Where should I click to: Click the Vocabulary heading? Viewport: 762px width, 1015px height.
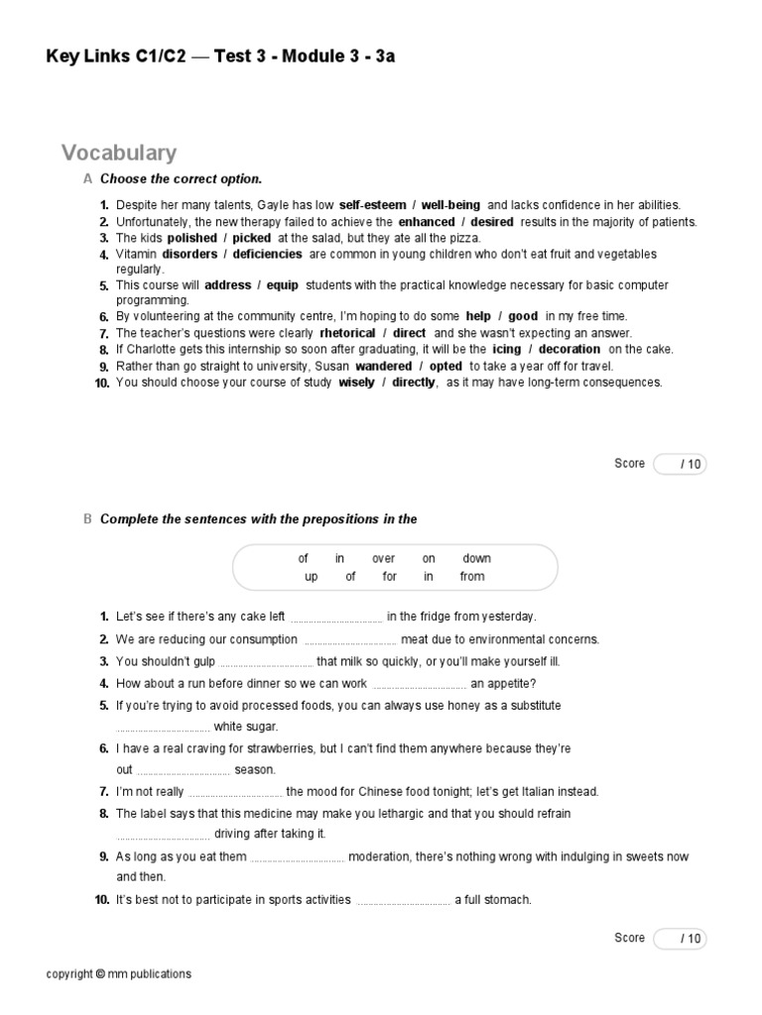[119, 153]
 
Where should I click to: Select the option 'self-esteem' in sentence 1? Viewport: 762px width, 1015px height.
[372, 205]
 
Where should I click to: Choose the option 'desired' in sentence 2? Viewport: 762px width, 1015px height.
[492, 222]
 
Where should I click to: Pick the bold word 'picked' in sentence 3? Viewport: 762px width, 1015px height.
[252, 238]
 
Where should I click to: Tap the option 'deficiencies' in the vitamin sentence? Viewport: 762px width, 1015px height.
[268, 255]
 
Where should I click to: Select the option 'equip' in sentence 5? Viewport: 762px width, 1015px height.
[283, 285]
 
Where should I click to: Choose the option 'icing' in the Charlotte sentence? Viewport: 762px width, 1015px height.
[506, 349]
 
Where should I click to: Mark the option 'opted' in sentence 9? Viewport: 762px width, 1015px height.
[446, 366]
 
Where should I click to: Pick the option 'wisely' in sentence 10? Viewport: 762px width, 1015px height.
[355, 382]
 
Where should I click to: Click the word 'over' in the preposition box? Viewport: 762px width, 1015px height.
[383, 559]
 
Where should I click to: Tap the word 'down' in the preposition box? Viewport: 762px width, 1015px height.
[476, 559]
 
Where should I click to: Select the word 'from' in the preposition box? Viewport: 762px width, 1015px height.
[472, 577]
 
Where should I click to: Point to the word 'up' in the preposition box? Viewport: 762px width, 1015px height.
[312, 577]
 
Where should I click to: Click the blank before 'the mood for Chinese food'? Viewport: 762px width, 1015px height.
[235, 793]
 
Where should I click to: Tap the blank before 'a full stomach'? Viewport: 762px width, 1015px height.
[403, 901]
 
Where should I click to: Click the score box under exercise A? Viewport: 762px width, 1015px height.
[680, 464]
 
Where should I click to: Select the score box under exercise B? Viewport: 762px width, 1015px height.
[680, 939]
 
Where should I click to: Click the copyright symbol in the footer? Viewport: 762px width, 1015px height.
[100, 974]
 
